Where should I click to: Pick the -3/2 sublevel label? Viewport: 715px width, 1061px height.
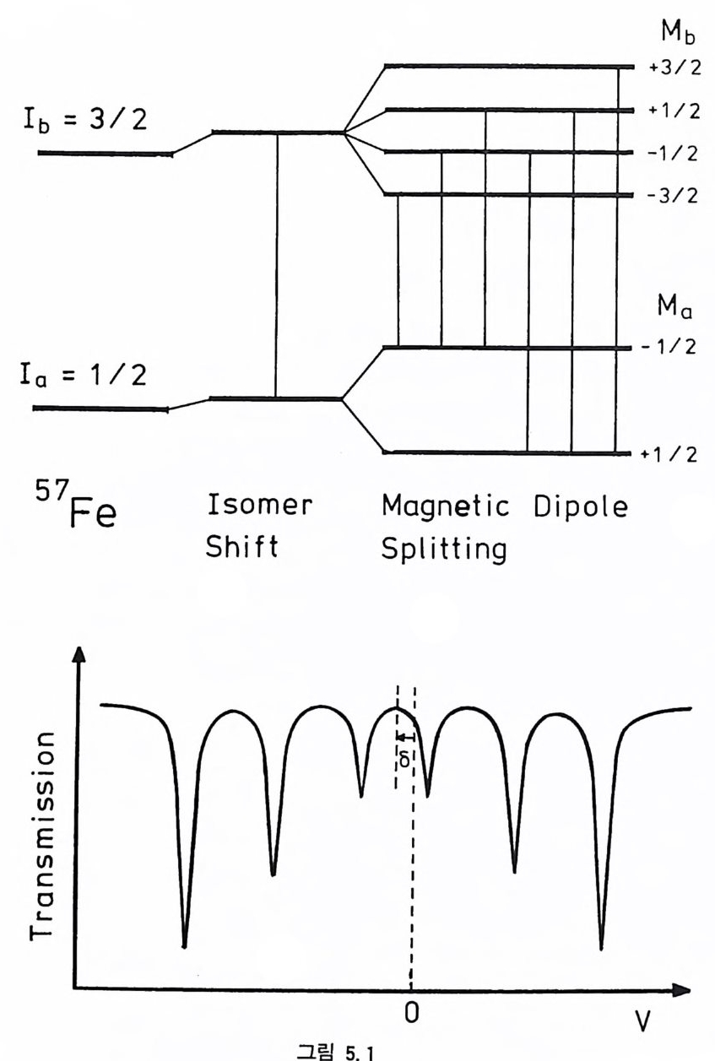(670, 196)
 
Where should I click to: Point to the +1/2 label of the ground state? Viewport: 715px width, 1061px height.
(670, 454)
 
